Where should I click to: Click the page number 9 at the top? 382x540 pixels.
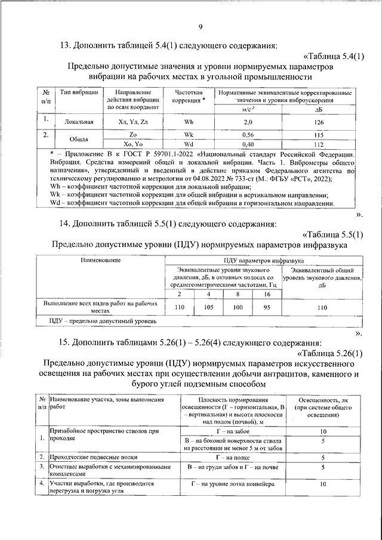pos(201,26)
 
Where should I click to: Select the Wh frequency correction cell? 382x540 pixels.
pos(189,122)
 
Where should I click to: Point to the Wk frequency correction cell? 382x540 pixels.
pos(189,135)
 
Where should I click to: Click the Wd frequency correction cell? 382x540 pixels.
pos(189,144)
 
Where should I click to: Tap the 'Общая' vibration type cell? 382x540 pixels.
pos(78,140)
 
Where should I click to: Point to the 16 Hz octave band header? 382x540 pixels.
pos(267,294)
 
